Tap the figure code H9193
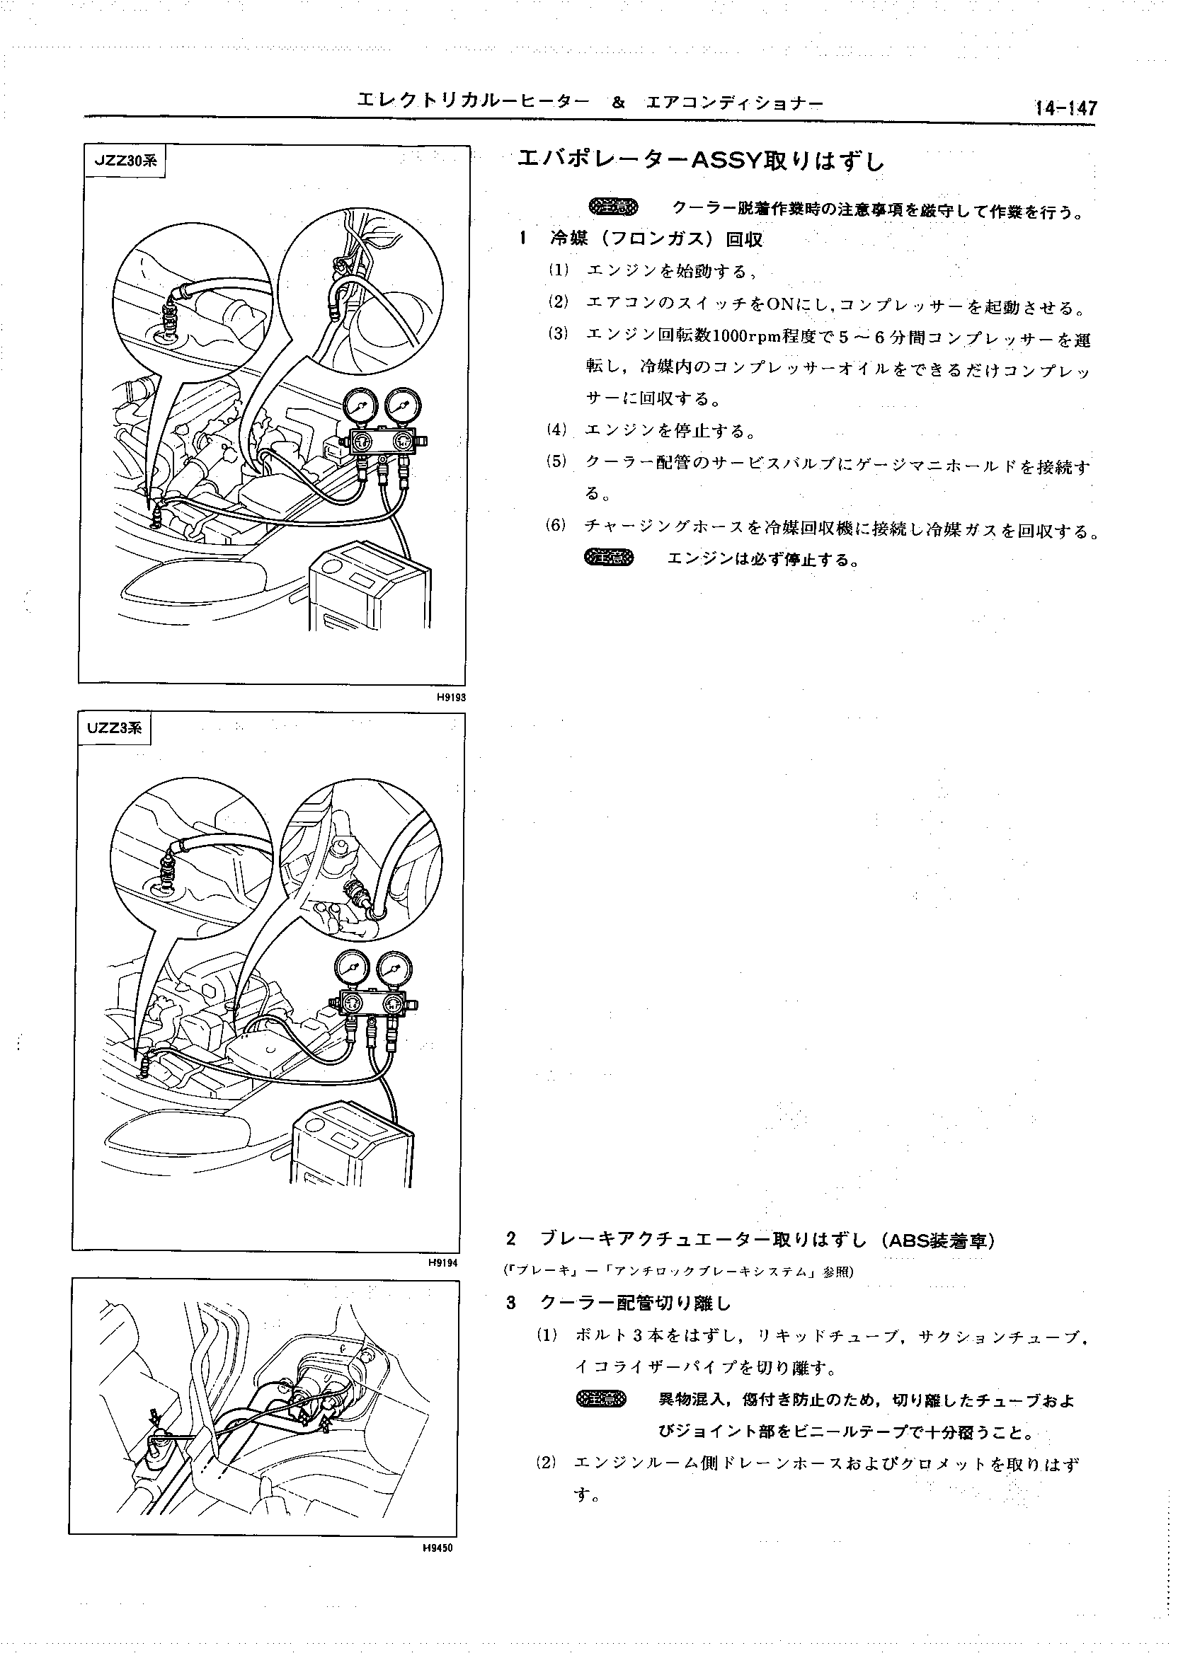pyautogui.click(x=450, y=697)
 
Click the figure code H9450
pyautogui.click(x=438, y=1545)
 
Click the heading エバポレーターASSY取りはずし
pyautogui.click(x=701, y=161)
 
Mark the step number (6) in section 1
pyautogui.click(x=556, y=525)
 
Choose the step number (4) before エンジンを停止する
pyautogui.click(x=556, y=430)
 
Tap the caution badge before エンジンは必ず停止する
pyautogui.click(x=609, y=558)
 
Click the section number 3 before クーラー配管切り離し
pyautogui.click(x=511, y=1303)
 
